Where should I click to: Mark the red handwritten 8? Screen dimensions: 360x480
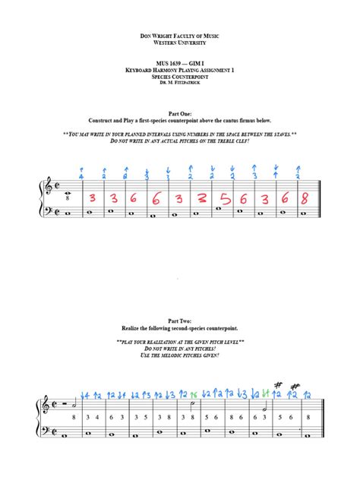305,200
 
